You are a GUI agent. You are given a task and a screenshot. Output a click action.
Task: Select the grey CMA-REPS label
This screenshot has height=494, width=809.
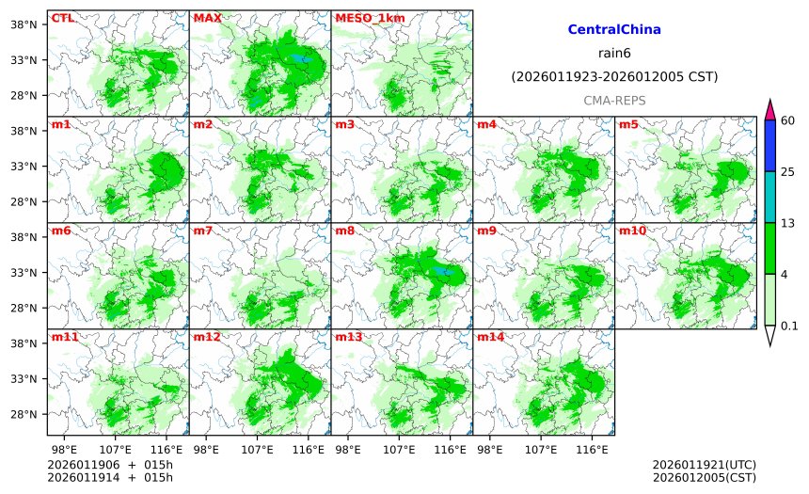[x=614, y=100]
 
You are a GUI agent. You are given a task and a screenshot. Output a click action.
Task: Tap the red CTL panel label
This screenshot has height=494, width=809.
[x=62, y=18]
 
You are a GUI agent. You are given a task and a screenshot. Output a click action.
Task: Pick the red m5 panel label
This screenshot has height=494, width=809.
[x=628, y=124]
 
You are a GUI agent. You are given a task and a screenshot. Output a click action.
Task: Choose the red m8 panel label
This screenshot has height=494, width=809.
[x=344, y=231]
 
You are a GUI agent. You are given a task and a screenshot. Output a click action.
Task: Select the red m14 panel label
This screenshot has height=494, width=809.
[x=490, y=337]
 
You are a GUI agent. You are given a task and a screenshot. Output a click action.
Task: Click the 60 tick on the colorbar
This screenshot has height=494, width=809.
[x=788, y=120]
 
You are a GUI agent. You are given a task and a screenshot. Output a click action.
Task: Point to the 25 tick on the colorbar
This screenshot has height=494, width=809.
[x=788, y=171]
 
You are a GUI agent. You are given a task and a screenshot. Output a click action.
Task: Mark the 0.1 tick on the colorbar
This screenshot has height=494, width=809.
[x=790, y=326]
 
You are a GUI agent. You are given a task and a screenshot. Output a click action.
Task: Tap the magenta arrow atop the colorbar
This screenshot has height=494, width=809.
[x=770, y=109]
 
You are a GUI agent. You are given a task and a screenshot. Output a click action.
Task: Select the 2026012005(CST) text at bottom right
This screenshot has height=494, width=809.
[x=704, y=477]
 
